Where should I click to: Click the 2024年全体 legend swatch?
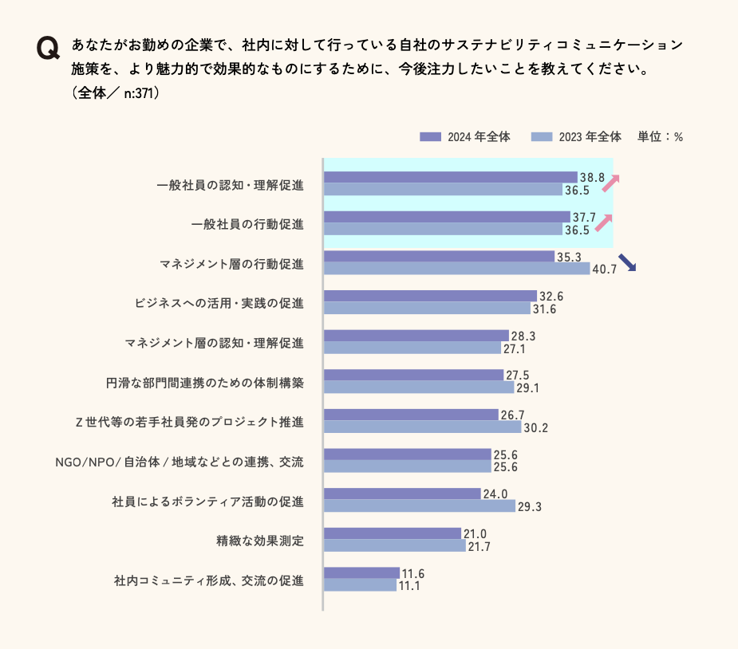(x=430, y=136)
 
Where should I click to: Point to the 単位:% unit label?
(x=660, y=136)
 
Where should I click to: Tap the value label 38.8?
(x=592, y=177)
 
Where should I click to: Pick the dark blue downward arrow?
(x=627, y=262)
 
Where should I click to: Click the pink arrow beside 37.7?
(x=604, y=222)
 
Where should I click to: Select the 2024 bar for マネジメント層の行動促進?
(x=439, y=257)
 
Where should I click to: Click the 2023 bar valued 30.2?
(x=422, y=427)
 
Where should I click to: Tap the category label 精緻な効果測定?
(x=259, y=541)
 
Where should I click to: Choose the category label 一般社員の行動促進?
(x=247, y=224)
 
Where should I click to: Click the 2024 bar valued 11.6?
(x=361, y=572)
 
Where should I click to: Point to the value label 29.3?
(x=530, y=506)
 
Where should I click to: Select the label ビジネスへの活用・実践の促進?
(x=219, y=303)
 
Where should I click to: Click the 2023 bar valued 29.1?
(x=419, y=387)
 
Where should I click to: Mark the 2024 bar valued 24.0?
(x=402, y=494)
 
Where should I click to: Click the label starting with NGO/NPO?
(x=180, y=462)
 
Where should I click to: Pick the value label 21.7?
(x=480, y=546)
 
